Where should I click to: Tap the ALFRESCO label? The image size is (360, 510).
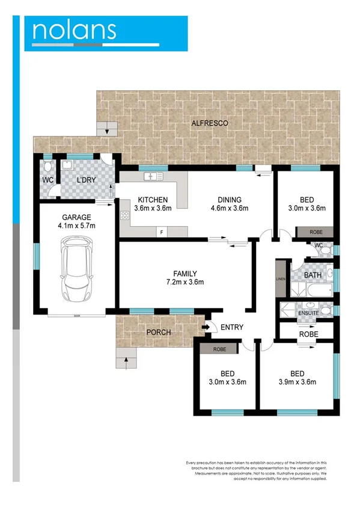tap(210, 123)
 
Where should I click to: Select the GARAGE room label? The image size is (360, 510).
tap(76, 218)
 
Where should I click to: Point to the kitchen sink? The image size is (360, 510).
tap(152, 177)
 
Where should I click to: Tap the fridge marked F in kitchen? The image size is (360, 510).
tap(161, 232)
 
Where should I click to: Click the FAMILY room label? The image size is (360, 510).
tap(185, 273)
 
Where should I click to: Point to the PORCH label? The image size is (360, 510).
tap(159, 332)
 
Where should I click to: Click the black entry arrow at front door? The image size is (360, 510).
tap(206, 327)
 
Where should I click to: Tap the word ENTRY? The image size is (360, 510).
tap(231, 327)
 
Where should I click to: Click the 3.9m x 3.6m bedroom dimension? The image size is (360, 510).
tap(296, 381)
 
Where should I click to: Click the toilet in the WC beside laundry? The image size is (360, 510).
tap(47, 167)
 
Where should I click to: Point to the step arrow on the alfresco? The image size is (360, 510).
tap(108, 127)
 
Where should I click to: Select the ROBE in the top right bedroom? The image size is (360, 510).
tap(316, 232)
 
